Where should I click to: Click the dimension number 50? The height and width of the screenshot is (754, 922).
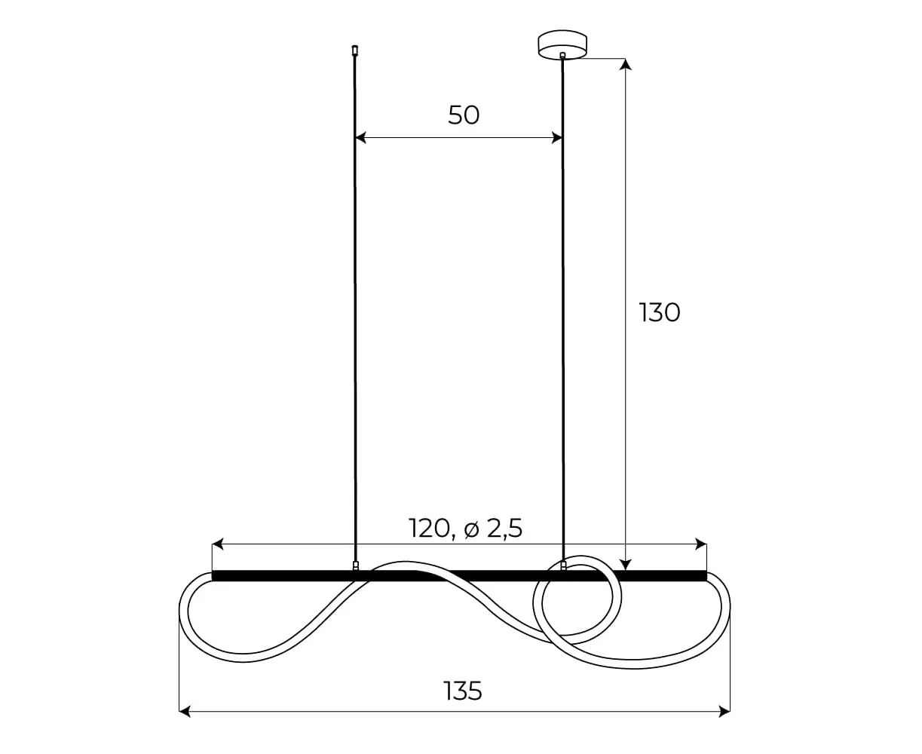point(464,115)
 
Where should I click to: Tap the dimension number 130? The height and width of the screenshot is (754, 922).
point(659,313)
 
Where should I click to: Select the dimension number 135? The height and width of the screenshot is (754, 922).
point(463,691)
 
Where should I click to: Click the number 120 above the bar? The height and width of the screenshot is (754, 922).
point(429,529)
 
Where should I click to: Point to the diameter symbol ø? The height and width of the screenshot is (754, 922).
point(471,529)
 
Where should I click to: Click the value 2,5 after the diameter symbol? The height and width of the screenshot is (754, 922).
point(504,529)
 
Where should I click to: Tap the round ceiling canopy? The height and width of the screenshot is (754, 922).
point(562,44)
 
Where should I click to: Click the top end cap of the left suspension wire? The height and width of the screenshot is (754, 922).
point(354,50)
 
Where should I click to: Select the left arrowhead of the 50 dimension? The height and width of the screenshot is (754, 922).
point(360,138)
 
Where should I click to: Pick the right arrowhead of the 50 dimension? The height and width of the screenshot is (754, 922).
point(557,138)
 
